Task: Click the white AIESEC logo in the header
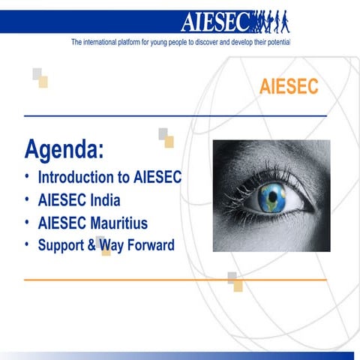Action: click(x=217, y=21)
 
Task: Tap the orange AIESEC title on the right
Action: click(x=289, y=88)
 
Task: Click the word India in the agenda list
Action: click(x=104, y=201)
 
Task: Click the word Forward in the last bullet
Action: click(x=148, y=244)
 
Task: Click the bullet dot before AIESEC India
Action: click(x=27, y=200)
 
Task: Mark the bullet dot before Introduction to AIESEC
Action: click(x=27, y=178)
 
